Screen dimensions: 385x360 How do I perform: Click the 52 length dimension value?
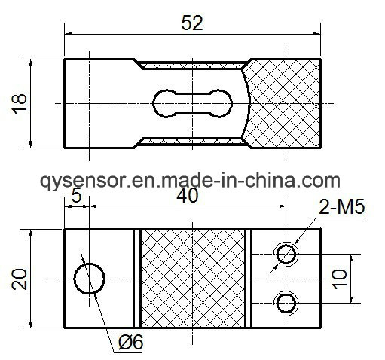[x=192, y=23]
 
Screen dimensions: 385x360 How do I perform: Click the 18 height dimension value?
[x=19, y=104]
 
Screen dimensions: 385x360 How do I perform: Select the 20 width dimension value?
[x=20, y=279]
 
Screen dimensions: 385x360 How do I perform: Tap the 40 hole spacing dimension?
[x=188, y=196]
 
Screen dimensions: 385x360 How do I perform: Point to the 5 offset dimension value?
[x=76, y=195]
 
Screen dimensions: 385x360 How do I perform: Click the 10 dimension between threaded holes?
[x=340, y=279]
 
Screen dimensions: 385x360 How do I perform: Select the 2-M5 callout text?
[x=342, y=207]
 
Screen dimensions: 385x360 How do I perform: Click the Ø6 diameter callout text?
[x=130, y=342]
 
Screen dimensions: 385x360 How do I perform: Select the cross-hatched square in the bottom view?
[x=193, y=279]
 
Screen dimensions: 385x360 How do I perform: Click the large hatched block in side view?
[x=284, y=103]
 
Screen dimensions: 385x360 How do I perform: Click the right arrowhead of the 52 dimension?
[x=317, y=34]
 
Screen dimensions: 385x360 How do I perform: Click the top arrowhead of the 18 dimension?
[x=31, y=63]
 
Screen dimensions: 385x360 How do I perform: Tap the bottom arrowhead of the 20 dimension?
[x=31, y=324]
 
